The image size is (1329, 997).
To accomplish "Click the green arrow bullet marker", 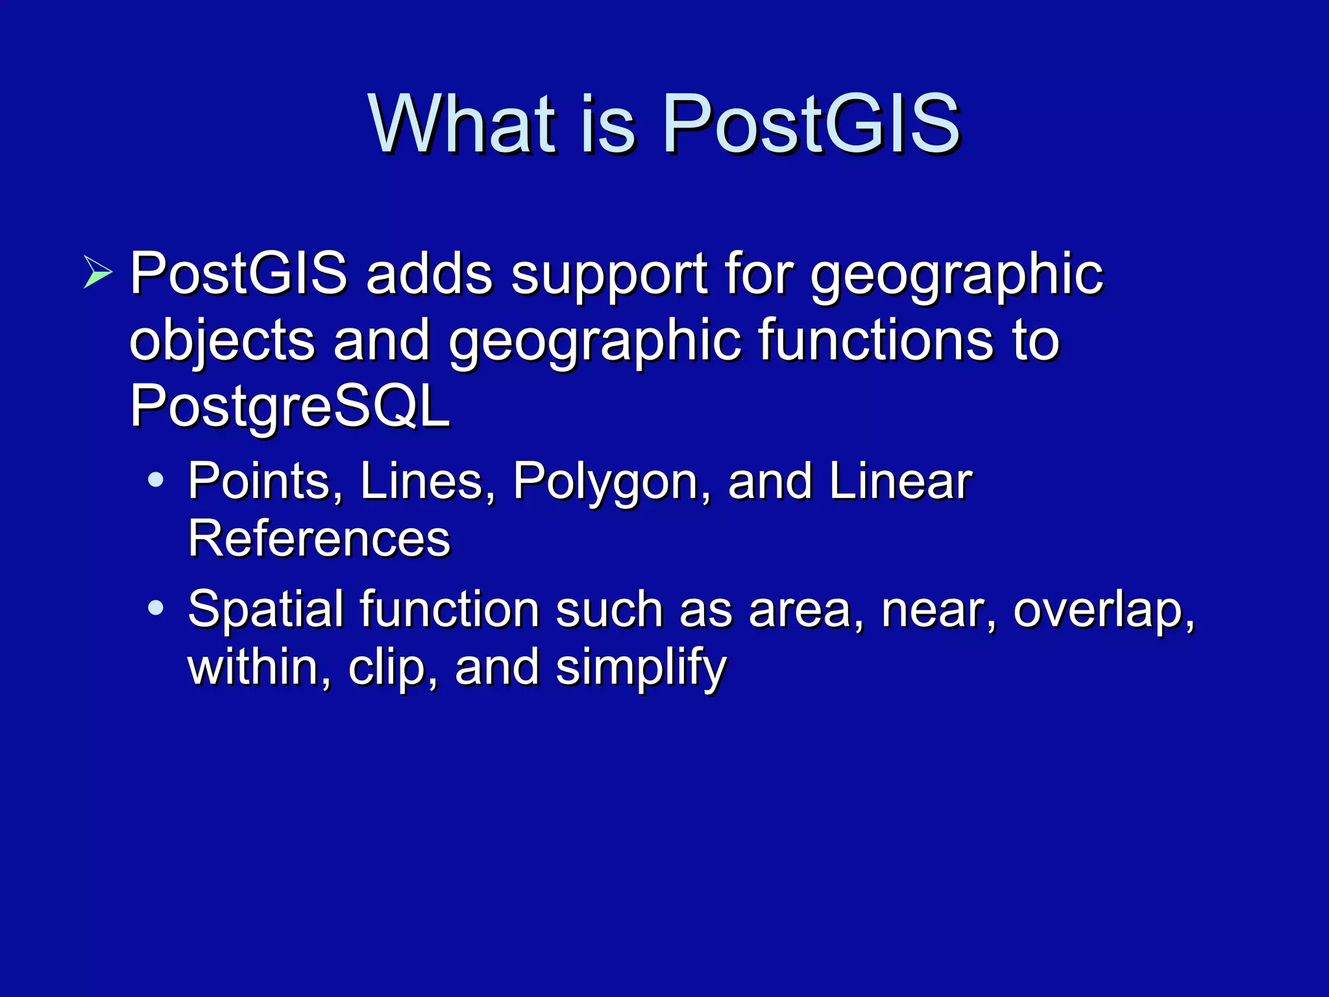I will pos(97,272).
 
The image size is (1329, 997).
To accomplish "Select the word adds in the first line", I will pos(429,274).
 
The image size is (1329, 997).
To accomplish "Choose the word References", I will pos(319,539).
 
